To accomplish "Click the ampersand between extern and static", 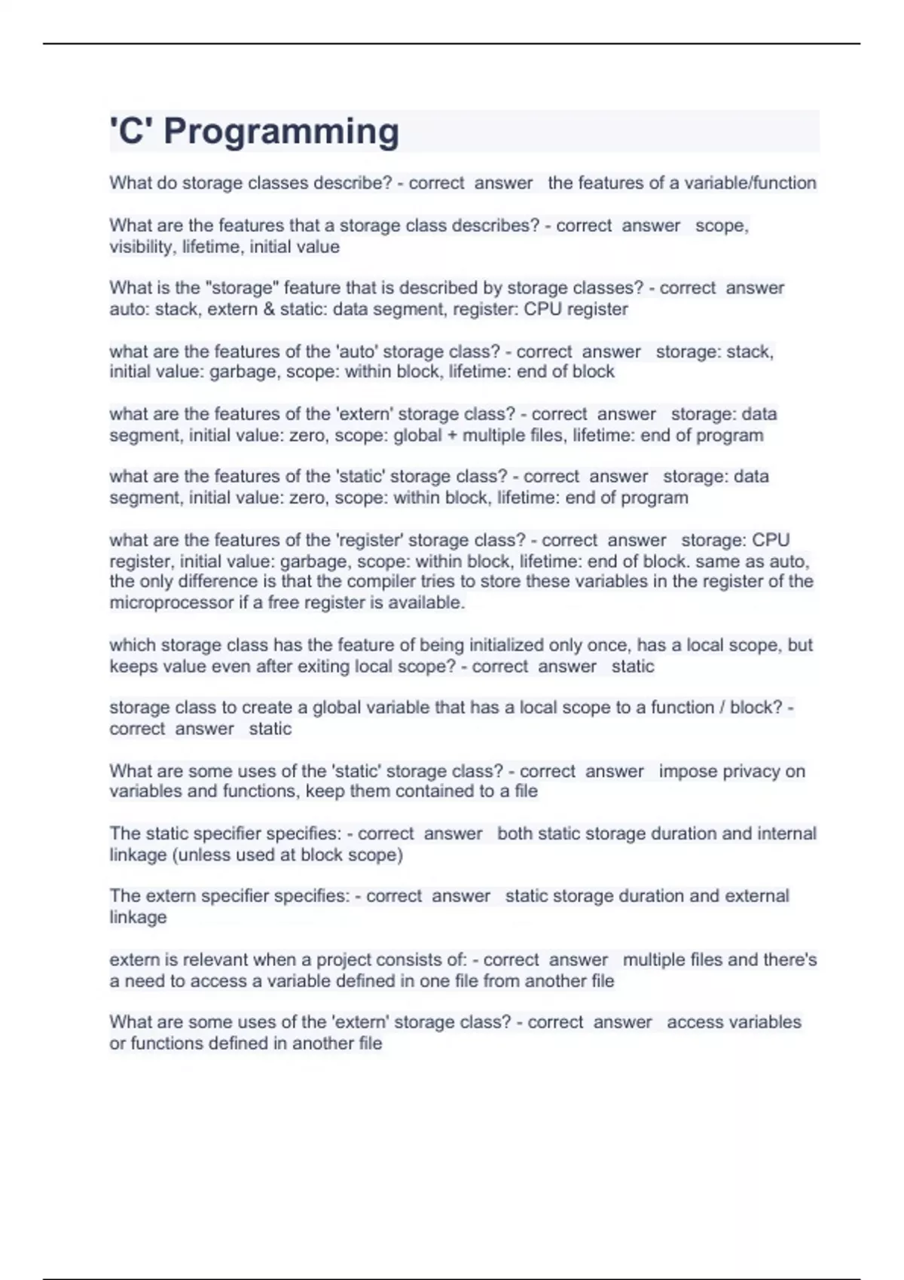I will point(269,309).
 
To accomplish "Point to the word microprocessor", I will point(171,602).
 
